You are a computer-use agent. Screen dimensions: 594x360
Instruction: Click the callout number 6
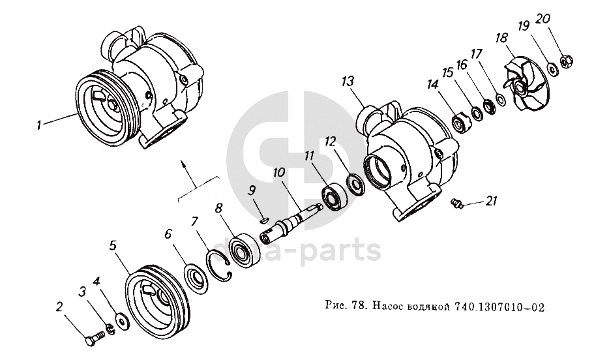pyautogui.click(x=168, y=233)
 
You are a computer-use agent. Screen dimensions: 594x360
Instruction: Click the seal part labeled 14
pyautogui.click(x=461, y=122)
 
